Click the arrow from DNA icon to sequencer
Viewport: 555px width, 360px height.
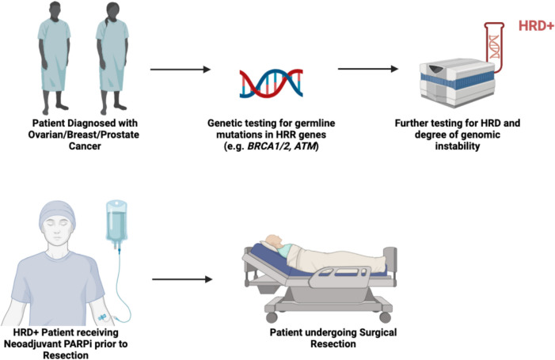[x=366, y=69]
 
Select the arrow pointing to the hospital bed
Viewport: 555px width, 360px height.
[x=182, y=279]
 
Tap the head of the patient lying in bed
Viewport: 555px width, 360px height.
[x=273, y=241]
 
